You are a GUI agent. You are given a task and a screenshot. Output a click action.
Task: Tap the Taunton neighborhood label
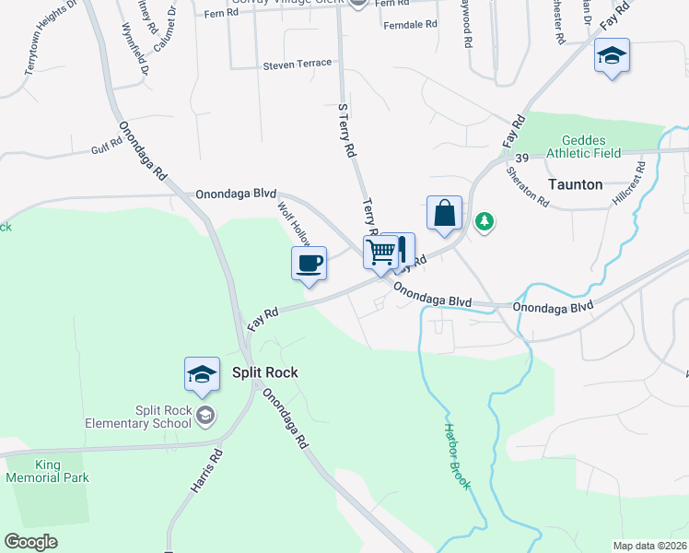coord(575,184)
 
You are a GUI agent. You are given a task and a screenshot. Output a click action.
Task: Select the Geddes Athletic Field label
coord(583,146)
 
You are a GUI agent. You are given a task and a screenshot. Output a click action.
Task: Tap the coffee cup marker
coord(309,263)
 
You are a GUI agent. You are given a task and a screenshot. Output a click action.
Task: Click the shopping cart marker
coord(380,251)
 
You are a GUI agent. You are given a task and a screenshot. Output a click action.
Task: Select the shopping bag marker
coord(444,213)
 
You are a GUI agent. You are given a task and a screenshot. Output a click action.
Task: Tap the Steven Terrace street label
coord(297,65)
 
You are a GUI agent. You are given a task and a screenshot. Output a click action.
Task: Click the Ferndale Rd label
coord(410,25)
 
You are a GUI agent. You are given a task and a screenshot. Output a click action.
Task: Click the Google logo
coord(30,541)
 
